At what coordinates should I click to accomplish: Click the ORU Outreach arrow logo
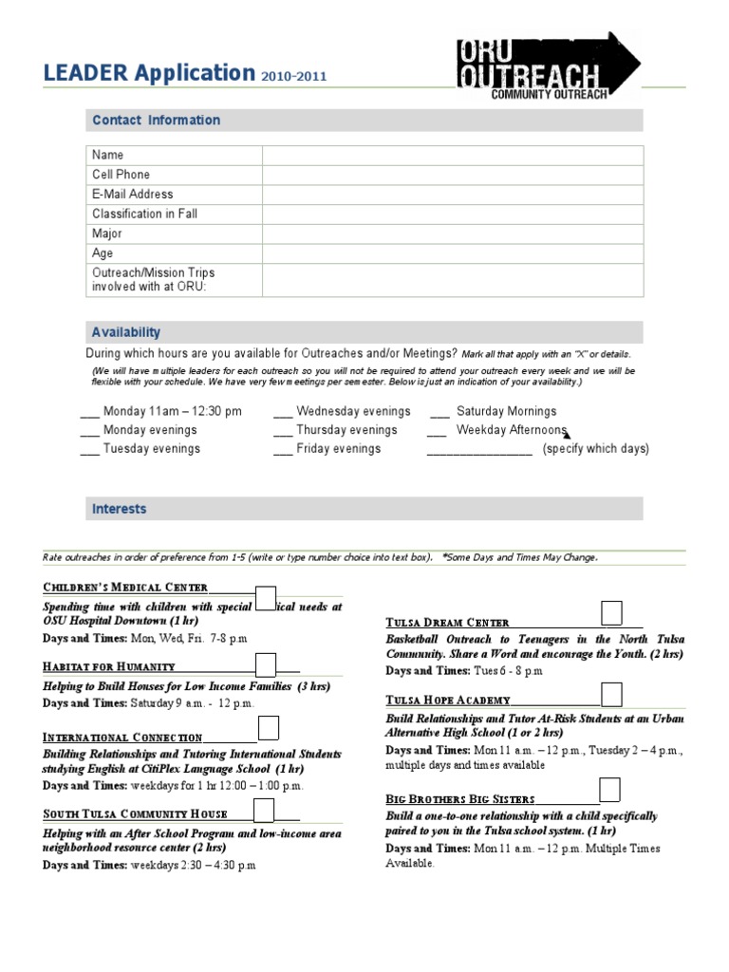click(x=548, y=64)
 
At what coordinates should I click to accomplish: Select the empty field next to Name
click(x=453, y=155)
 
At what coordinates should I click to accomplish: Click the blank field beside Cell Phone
click(x=453, y=175)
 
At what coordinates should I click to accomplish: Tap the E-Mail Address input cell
click(x=453, y=195)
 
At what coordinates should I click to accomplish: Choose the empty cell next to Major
click(x=453, y=234)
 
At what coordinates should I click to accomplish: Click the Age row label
click(x=103, y=253)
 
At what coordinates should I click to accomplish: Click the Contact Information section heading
click(x=156, y=121)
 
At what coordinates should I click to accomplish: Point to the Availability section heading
click(x=126, y=332)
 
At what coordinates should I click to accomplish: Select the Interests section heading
click(x=120, y=510)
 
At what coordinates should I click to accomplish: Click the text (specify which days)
click(x=596, y=449)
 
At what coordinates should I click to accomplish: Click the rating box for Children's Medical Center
click(x=266, y=597)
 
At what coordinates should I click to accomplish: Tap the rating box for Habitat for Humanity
click(x=266, y=664)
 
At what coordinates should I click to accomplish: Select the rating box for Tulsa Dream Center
click(x=612, y=612)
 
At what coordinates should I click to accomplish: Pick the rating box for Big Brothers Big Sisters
click(x=609, y=789)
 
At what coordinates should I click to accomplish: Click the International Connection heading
click(x=122, y=738)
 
